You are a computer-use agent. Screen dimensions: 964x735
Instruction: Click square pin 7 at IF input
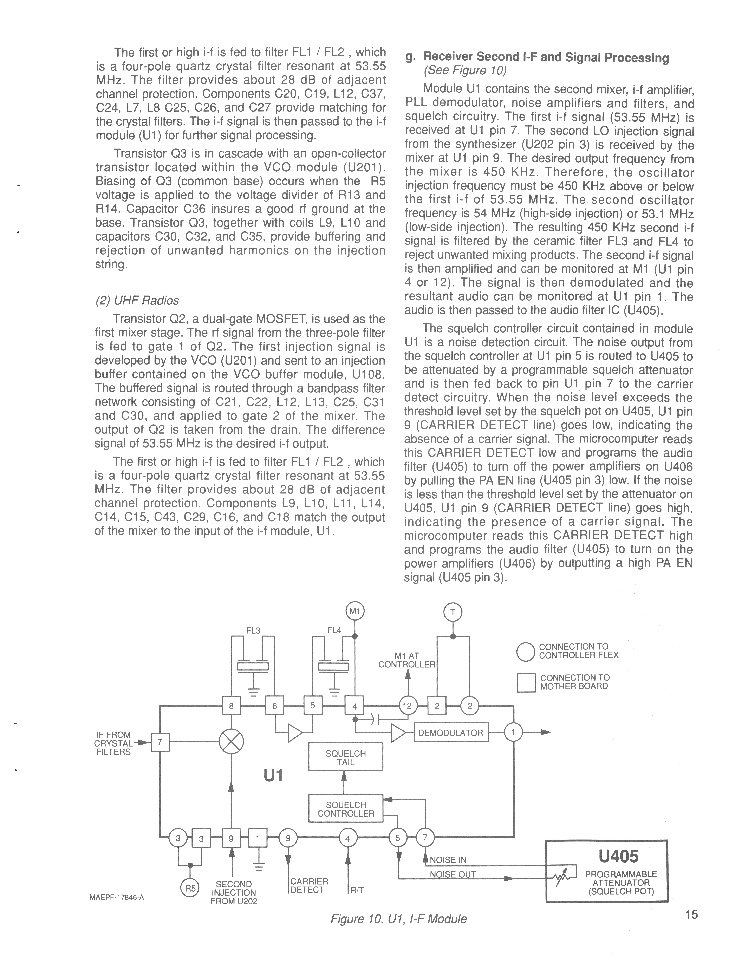click(160, 742)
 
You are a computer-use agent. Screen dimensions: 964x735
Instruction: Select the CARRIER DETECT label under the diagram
click(309, 886)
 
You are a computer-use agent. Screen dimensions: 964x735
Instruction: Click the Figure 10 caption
click(398, 919)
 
